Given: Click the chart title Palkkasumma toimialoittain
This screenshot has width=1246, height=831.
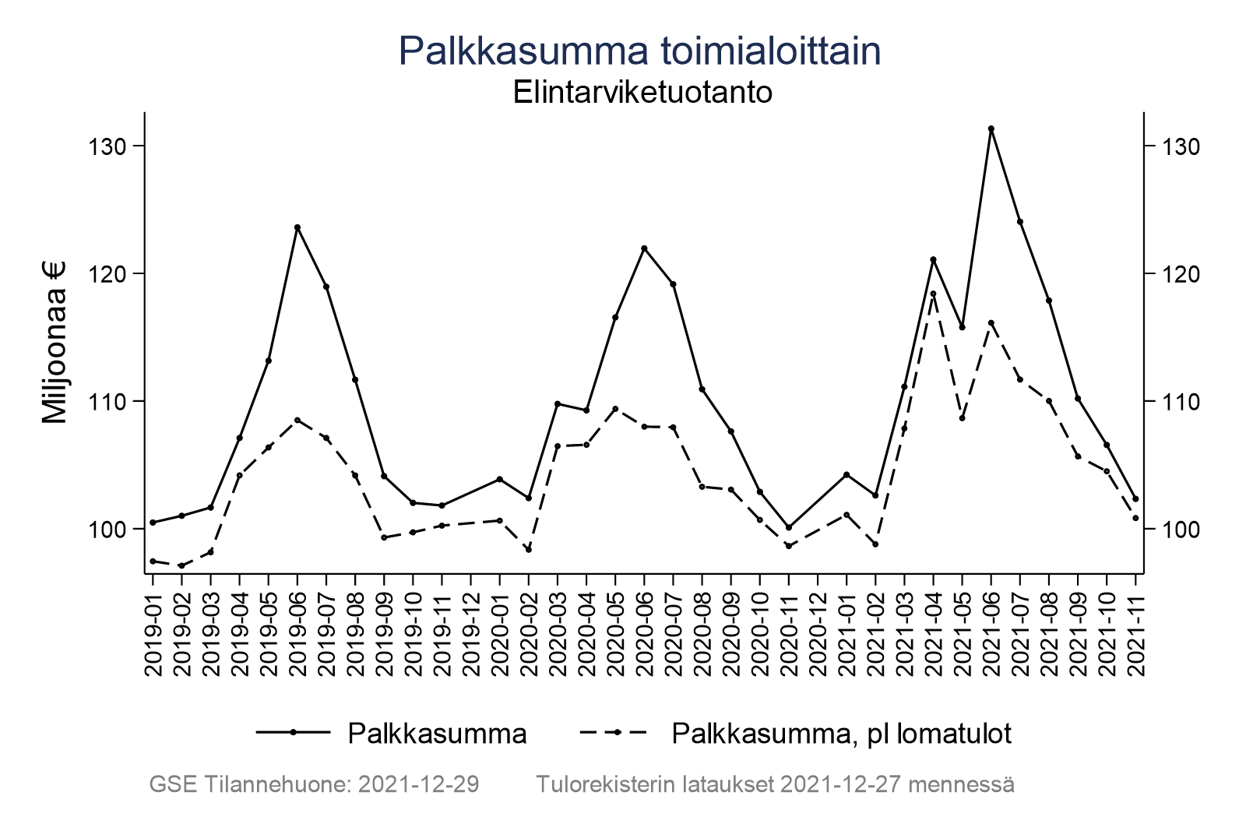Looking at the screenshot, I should [x=639, y=51].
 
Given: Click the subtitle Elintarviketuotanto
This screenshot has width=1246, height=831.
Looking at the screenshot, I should [x=642, y=93].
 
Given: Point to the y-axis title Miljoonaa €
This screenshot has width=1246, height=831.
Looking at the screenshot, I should [x=55, y=343].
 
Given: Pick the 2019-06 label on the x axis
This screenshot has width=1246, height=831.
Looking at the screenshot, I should [x=297, y=626].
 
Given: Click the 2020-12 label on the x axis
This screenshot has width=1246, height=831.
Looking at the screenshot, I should [x=818, y=626].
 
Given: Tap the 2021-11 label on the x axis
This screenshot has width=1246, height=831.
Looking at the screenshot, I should [x=1135, y=626].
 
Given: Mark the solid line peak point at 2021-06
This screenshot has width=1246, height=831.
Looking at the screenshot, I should [x=991, y=129].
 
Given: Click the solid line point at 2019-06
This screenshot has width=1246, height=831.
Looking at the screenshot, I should [x=297, y=227].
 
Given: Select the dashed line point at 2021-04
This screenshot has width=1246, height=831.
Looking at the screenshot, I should [x=933, y=294].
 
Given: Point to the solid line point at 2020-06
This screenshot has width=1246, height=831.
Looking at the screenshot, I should [x=644, y=248].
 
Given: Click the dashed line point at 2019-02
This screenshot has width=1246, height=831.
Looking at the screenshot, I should [x=181, y=565].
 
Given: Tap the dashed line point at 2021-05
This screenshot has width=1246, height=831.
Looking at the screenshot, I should [x=962, y=418].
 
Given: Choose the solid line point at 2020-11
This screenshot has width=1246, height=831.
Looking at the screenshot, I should [x=789, y=527].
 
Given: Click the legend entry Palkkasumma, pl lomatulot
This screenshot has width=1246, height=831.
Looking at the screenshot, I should [x=841, y=734].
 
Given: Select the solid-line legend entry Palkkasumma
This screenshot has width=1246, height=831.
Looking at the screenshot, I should [x=437, y=734].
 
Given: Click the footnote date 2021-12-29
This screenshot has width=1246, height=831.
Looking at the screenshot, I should [x=419, y=784].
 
